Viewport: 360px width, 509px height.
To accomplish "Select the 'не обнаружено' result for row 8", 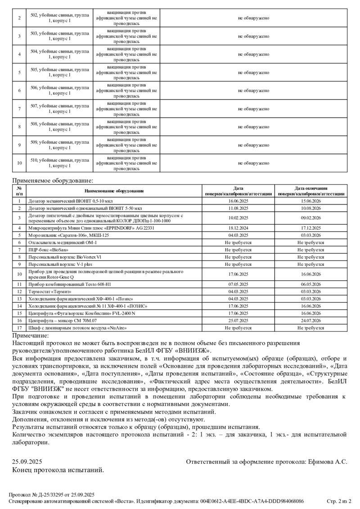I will pos(253,127).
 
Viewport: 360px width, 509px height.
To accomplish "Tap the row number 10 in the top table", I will pos(19,163).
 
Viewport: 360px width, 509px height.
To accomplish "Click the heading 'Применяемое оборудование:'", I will pos(53,181).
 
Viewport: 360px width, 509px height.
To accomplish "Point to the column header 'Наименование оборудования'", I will pos(113,191).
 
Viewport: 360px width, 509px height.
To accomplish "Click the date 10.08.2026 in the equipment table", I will pos(310,208).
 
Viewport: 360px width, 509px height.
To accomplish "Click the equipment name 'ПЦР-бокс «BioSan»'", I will pos(48,249).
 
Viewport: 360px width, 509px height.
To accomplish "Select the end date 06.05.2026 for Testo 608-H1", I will pos(310,284).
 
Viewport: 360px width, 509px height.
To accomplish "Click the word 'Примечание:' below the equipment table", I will pos(31,335).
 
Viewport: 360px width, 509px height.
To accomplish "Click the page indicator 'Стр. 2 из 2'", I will pos(338,500).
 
